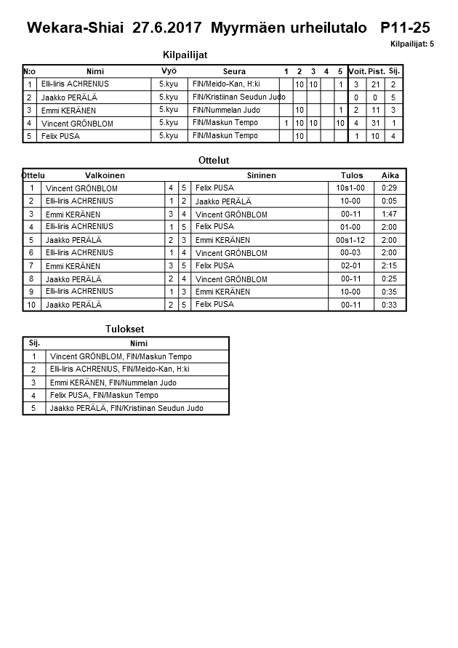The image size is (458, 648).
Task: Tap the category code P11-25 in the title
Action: pos(405,28)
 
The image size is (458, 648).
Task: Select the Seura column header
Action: pos(234,71)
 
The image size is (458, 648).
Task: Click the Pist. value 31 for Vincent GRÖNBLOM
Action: pos(375,123)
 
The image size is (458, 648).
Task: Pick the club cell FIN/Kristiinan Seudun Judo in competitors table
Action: pos(235,97)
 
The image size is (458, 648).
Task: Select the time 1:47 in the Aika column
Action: pos(390,215)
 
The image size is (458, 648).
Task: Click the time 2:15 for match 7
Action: pos(390,266)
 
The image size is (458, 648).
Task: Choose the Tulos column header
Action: pos(352,175)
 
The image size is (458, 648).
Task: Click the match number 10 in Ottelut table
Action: pos(32,305)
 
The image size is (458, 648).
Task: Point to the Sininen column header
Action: pos(261,175)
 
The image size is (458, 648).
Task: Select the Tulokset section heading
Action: pos(125,329)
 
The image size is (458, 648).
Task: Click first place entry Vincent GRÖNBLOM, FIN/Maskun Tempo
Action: pos(121,356)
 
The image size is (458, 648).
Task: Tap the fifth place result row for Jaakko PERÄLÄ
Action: pos(126,408)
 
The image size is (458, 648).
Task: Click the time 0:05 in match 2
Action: pos(390,201)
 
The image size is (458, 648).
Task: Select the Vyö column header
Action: pos(169,71)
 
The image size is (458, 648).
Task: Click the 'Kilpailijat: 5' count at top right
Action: pos(411,44)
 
